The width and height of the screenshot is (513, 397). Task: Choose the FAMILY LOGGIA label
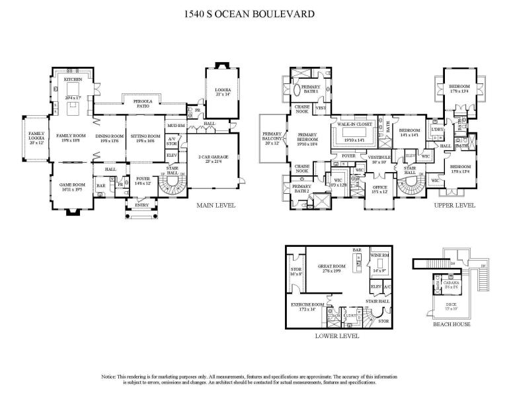(x=36, y=136)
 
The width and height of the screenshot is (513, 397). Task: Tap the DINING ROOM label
(x=108, y=138)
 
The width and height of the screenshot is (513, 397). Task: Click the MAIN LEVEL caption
(x=216, y=206)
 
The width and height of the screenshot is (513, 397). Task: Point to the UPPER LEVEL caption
(x=454, y=206)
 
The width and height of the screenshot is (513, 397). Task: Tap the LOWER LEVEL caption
(x=338, y=336)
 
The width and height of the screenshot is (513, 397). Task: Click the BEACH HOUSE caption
(x=452, y=325)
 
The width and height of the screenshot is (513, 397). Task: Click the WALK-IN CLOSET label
(x=355, y=124)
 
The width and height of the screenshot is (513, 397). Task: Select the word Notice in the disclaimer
(x=109, y=376)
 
